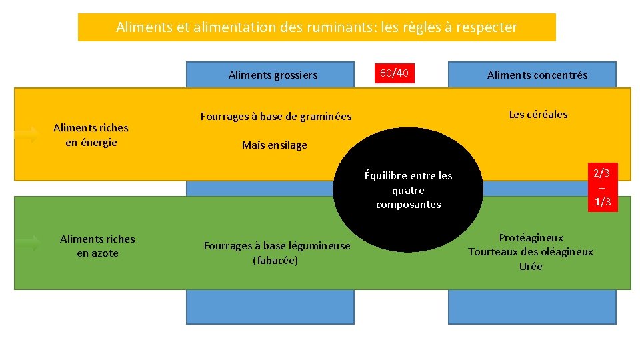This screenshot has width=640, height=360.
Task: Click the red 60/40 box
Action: coord(394,73)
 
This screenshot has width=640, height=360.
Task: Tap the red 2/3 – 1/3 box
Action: coord(603,187)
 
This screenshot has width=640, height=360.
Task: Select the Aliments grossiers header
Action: coord(273,75)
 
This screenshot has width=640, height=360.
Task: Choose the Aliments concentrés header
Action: coord(537,75)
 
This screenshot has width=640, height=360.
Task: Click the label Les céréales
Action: coord(538,115)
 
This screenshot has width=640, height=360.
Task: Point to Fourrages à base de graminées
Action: coord(276,117)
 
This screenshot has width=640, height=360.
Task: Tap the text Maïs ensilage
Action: coord(274,145)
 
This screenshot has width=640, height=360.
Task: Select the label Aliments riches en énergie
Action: coord(91,135)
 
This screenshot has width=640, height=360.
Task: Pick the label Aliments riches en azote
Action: coord(97,246)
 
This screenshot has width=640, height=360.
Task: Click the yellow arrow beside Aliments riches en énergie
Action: coord(27,135)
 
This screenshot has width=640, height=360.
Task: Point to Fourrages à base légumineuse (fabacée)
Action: coord(276,253)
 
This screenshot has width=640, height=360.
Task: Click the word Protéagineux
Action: coord(531,238)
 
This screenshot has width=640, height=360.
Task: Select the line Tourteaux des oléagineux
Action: coord(531,252)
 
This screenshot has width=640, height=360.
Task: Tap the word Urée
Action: coord(531,267)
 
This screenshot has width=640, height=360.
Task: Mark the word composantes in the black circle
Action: coord(408,205)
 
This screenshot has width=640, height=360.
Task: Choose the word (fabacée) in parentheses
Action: coord(275,260)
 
